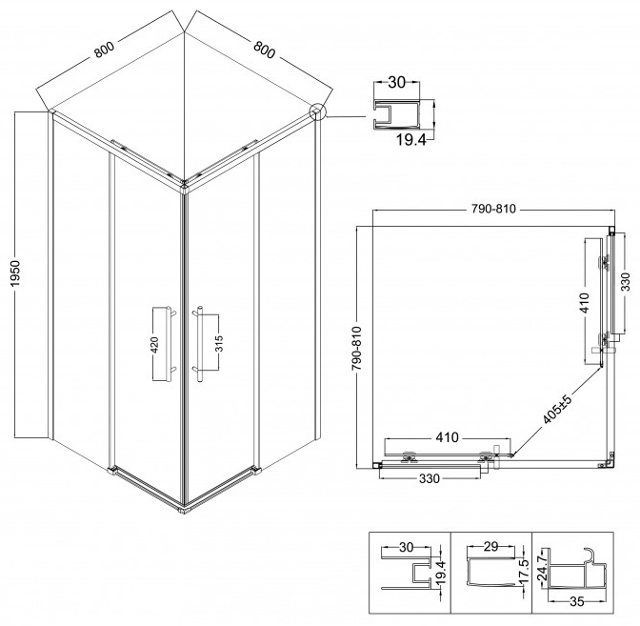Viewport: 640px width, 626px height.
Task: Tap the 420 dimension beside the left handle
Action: pyautogui.click(x=154, y=345)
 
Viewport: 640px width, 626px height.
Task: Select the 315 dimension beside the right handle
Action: pyautogui.click(x=219, y=343)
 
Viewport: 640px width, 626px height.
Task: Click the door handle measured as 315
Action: pyautogui.click(x=199, y=343)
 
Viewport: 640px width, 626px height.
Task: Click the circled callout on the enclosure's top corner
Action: pyautogui.click(x=317, y=111)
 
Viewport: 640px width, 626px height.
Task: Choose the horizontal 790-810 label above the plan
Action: pyautogui.click(x=493, y=209)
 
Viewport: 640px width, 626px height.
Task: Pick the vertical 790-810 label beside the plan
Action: pyautogui.click(x=357, y=348)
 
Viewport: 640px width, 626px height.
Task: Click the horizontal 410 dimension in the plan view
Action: pyautogui.click(x=448, y=437)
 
